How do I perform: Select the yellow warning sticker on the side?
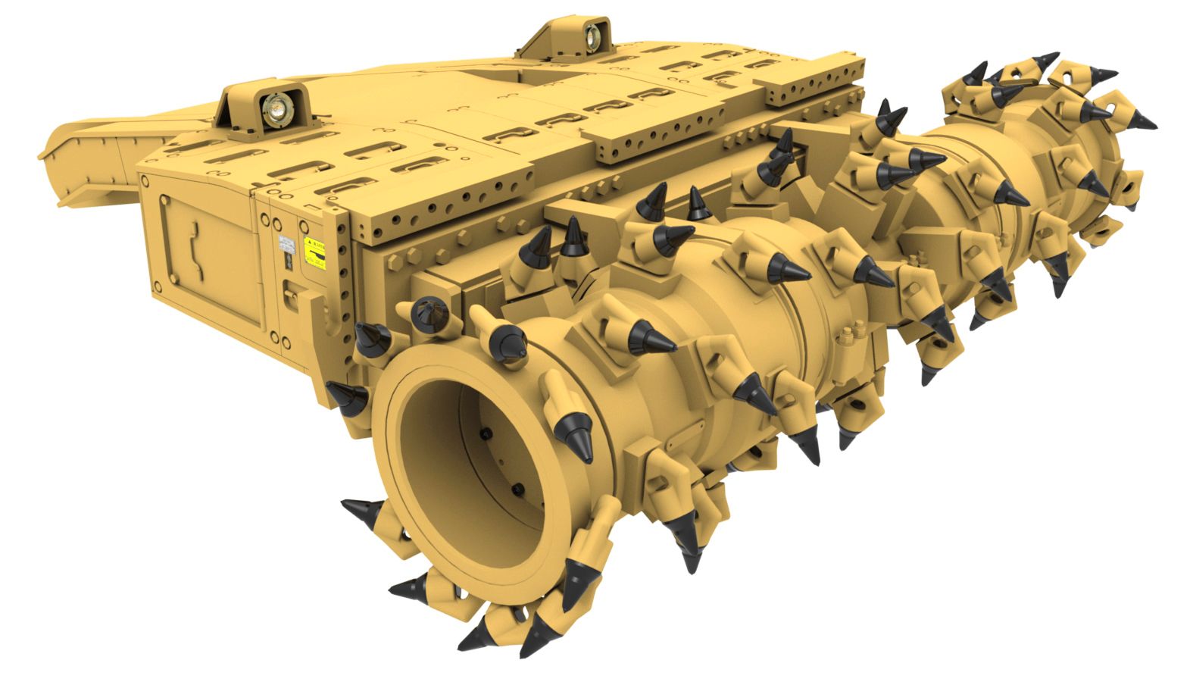tap(314, 252)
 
